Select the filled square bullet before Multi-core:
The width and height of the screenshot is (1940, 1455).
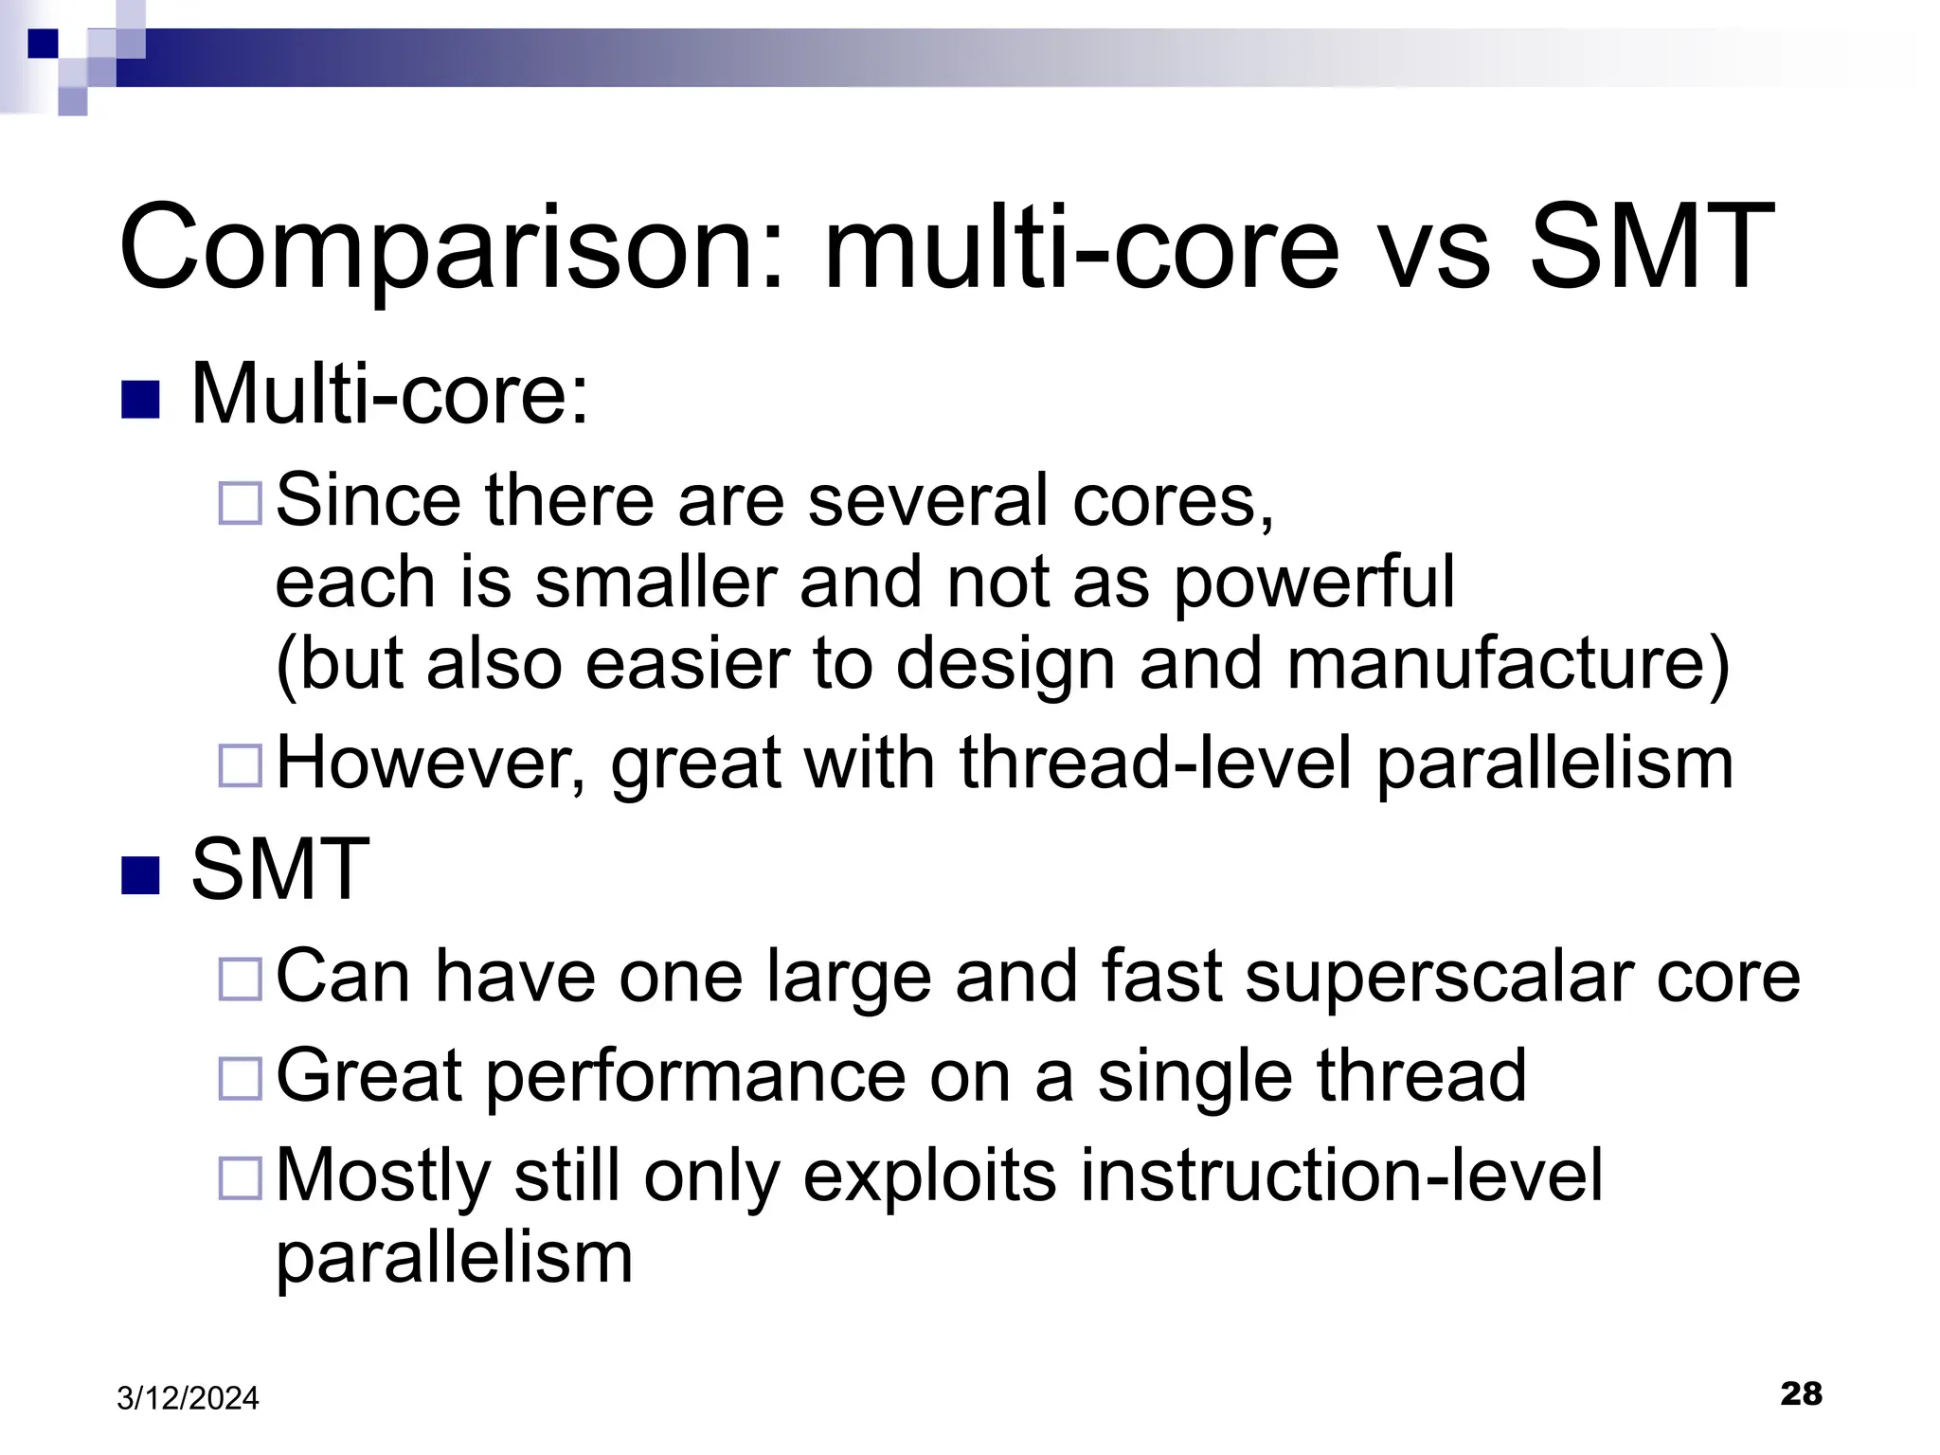(141, 400)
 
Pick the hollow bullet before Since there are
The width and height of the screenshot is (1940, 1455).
(240, 503)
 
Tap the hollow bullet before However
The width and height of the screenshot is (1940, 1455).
(240, 765)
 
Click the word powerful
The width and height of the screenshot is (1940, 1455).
(1314, 583)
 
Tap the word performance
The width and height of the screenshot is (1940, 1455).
(695, 1076)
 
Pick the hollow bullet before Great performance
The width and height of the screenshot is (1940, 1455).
(240, 1078)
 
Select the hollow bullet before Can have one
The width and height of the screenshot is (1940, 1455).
(240, 979)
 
